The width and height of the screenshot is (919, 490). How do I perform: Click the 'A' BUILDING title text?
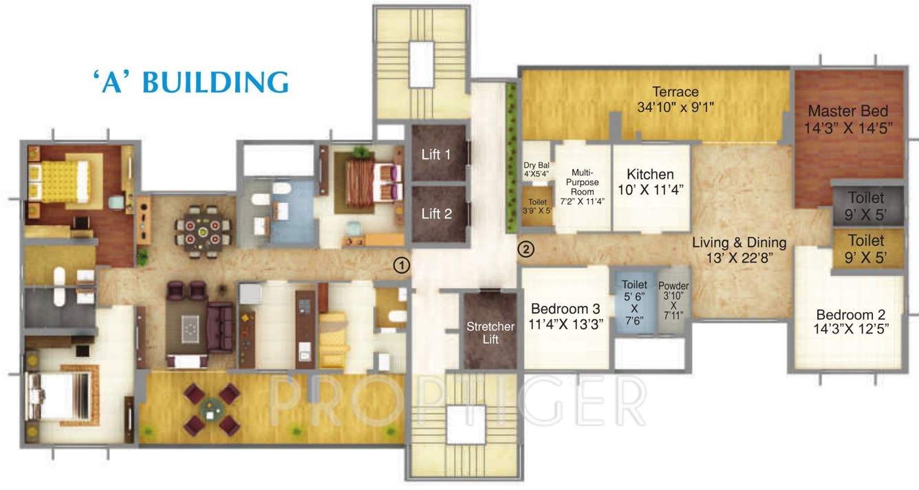click(191, 81)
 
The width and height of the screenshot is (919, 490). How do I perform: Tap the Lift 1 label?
click(436, 155)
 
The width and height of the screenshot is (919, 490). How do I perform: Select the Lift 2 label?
click(436, 214)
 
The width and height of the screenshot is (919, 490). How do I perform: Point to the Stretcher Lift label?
click(490, 333)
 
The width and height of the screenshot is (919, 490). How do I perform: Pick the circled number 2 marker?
click(526, 249)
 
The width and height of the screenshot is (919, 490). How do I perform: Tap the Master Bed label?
click(847, 111)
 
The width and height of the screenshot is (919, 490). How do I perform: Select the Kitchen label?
click(650, 175)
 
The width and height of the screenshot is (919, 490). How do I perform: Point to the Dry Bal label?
click(537, 165)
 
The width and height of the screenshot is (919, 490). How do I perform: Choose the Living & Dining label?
click(739, 243)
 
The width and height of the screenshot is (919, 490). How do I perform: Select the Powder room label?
click(673, 286)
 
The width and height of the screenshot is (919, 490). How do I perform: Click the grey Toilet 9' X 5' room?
click(866, 205)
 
